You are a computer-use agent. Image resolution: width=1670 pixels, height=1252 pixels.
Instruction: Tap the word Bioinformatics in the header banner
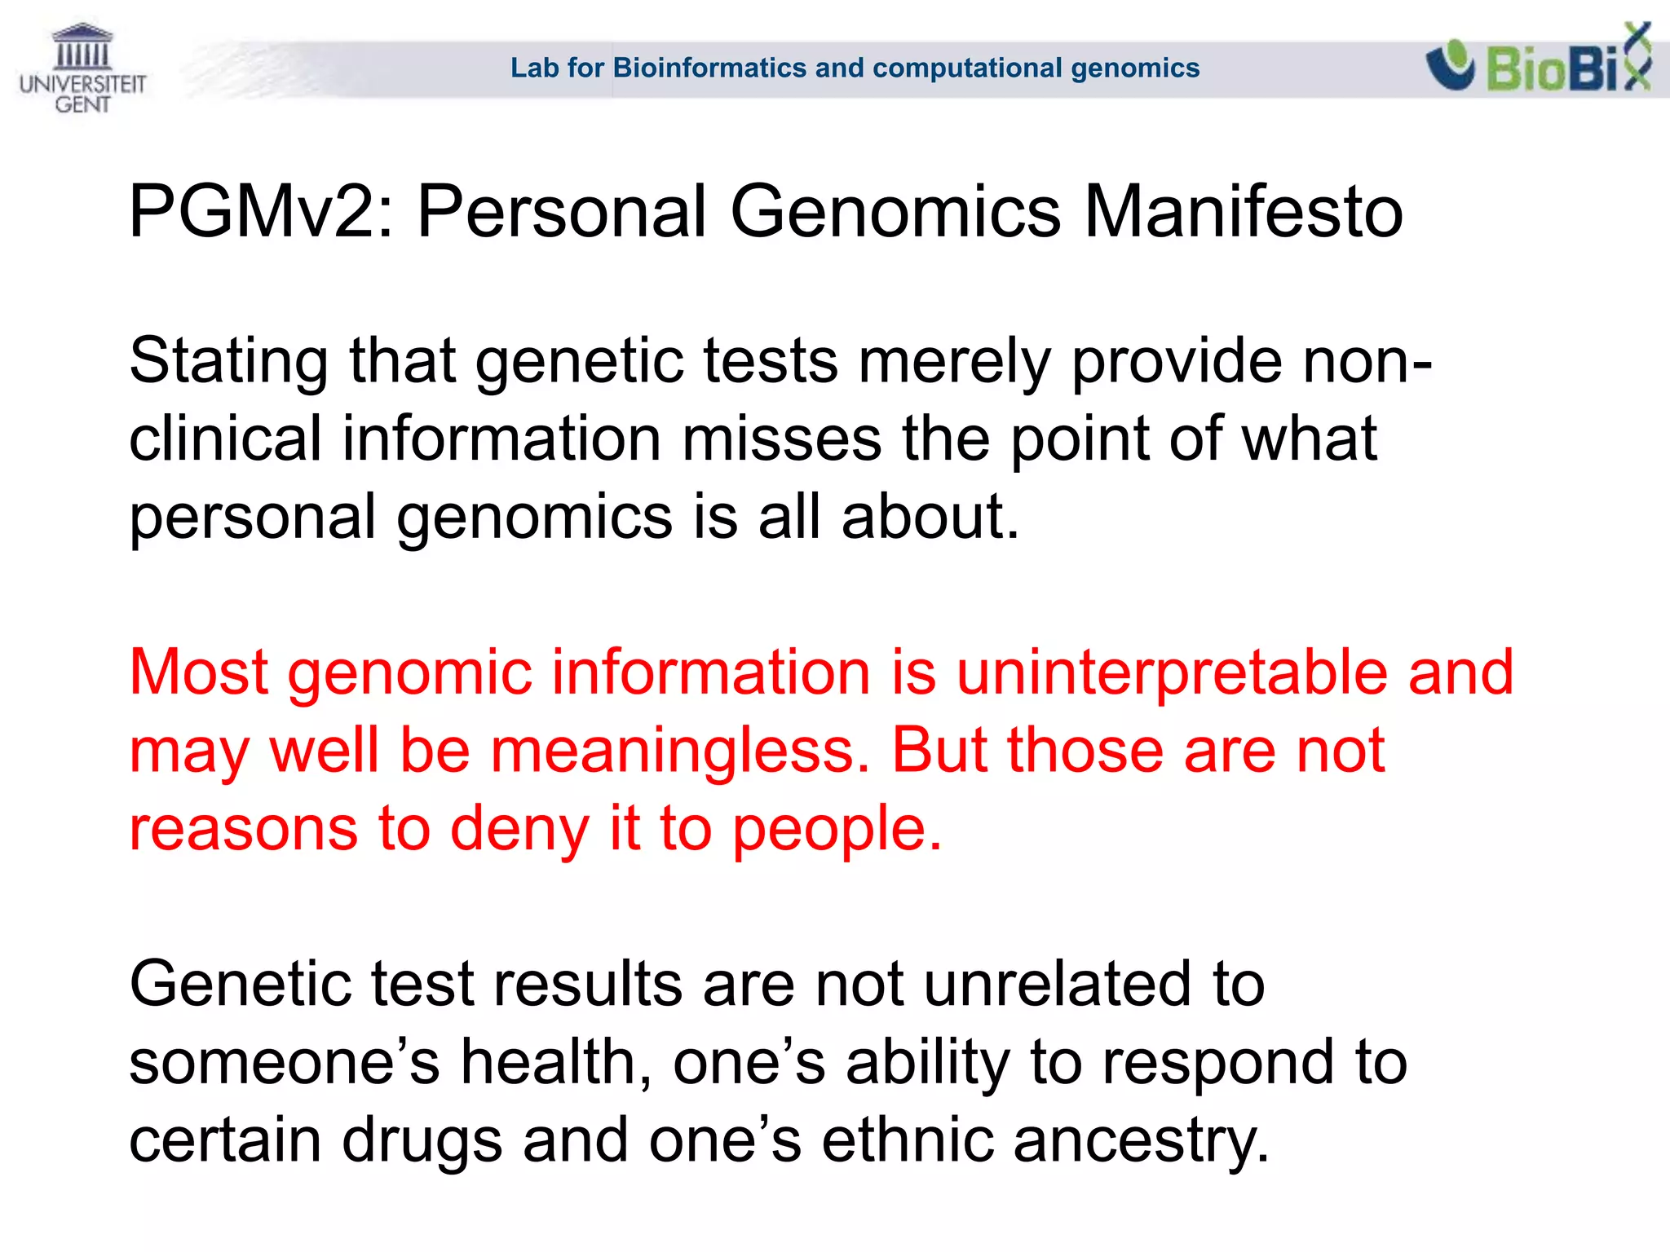709,68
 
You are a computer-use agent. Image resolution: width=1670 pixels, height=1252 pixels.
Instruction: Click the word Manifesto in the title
1243,212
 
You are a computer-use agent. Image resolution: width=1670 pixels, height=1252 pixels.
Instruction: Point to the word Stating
229,361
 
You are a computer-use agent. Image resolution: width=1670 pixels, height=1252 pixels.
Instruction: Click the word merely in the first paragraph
954,361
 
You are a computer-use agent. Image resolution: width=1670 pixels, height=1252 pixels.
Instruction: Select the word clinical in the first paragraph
225,439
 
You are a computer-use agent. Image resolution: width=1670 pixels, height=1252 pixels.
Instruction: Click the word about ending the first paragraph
930,517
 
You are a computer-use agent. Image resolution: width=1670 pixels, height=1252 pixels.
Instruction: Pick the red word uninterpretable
1172,672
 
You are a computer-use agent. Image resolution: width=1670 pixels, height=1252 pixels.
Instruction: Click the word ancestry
1141,1140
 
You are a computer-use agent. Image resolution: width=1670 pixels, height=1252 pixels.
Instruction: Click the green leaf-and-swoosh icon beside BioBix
1450,65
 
